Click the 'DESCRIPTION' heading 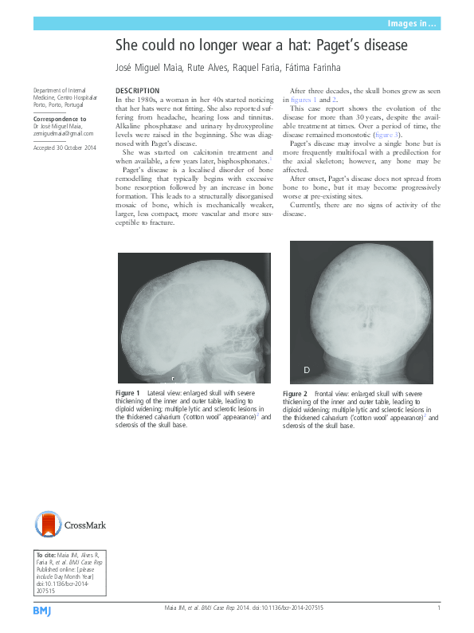tap(137, 91)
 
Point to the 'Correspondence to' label tap(60, 119)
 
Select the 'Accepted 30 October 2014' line tap(64, 148)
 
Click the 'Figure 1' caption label tap(128, 394)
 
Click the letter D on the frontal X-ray tap(307, 371)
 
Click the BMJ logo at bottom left tap(42, 610)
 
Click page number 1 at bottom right tap(439, 608)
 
